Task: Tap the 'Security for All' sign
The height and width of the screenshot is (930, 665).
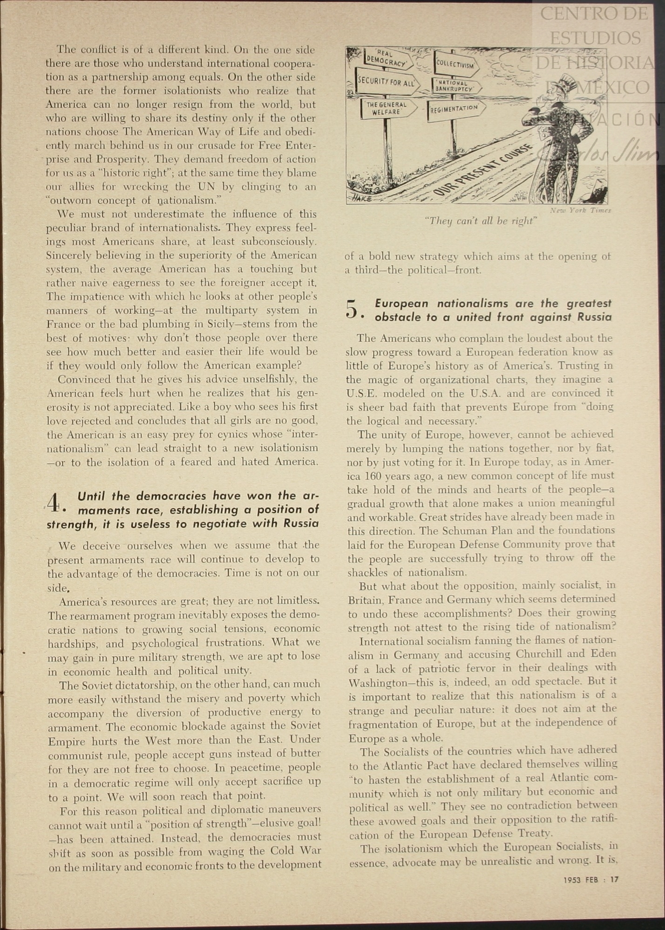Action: [386, 82]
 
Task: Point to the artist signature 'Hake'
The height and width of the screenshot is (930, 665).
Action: [360, 198]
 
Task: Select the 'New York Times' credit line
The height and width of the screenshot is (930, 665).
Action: [580, 210]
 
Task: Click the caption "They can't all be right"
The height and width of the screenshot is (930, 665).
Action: [480, 221]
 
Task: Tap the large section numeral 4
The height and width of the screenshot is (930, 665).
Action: [54, 502]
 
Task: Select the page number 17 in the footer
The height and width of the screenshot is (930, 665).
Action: [615, 880]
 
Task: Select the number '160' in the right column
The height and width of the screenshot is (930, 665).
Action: [373, 476]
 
